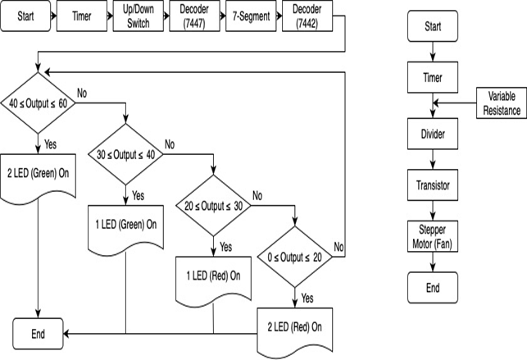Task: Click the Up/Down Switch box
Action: (x=137, y=16)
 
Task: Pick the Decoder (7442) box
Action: (x=305, y=16)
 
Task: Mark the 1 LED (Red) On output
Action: (x=212, y=276)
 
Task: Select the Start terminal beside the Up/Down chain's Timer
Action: (x=26, y=16)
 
